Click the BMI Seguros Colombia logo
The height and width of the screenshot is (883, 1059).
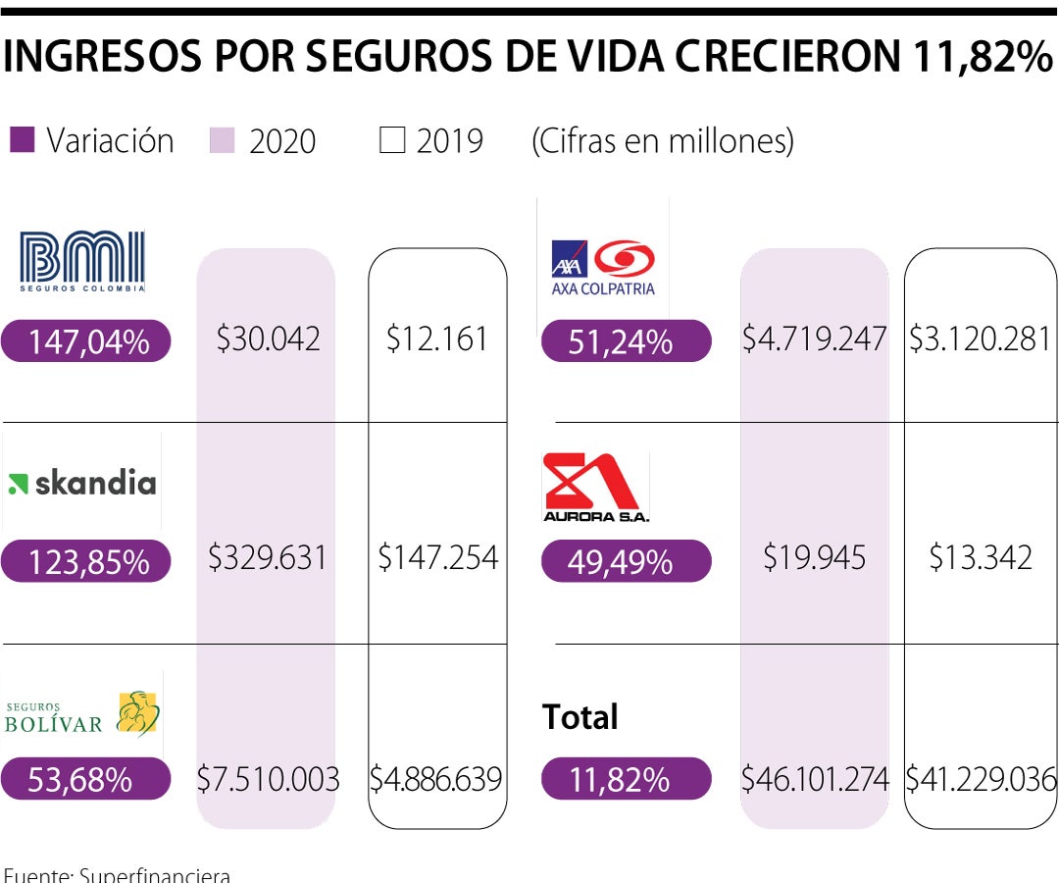coord(82,261)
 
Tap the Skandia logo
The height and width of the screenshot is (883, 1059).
coord(81,483)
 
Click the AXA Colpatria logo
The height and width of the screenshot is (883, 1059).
coord(602,266)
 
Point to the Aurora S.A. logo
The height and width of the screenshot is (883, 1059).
coord(596,487)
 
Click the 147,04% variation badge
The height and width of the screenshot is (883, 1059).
coord(87,341)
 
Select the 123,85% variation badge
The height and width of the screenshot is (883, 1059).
coord(87,561)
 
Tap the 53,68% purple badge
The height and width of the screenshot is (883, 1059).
coord(87,779)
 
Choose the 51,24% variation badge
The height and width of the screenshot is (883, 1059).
coord(626,341)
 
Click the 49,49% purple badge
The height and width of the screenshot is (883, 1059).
coord(626,561)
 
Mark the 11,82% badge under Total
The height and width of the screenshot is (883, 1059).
coord(626,779)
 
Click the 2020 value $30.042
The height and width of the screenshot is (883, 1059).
coord(268,339)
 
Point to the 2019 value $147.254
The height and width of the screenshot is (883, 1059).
coord(437,558)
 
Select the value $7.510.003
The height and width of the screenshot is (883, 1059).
coord(268,779)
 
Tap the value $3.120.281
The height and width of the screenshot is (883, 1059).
coord(979,339)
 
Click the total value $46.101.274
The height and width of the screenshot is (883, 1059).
coord(814,779)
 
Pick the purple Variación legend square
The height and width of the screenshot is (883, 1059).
coord(22,140)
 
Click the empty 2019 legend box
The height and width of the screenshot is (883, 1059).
coord(392,141)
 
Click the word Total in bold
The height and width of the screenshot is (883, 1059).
coord(580,717)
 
